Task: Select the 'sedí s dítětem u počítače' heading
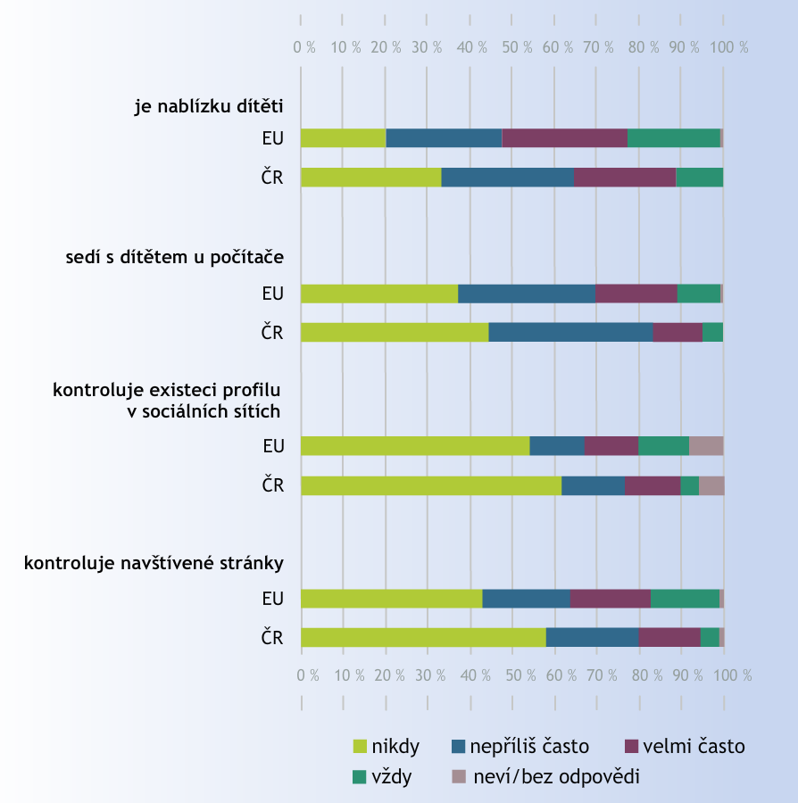174,258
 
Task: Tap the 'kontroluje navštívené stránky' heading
154,563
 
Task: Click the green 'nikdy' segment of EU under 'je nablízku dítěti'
343,138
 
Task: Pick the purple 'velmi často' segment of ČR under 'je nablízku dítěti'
625,177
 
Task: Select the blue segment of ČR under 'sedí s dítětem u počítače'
570,332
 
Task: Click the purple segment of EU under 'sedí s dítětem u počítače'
636,294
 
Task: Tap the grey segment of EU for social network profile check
706,446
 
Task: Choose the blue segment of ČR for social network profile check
593,485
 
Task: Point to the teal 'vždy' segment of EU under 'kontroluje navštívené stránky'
685,599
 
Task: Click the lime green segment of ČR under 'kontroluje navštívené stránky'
423,637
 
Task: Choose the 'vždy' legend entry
386,777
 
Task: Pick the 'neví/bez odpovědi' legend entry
546,777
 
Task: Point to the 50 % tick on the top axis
513,46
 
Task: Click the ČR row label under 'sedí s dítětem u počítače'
271,332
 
